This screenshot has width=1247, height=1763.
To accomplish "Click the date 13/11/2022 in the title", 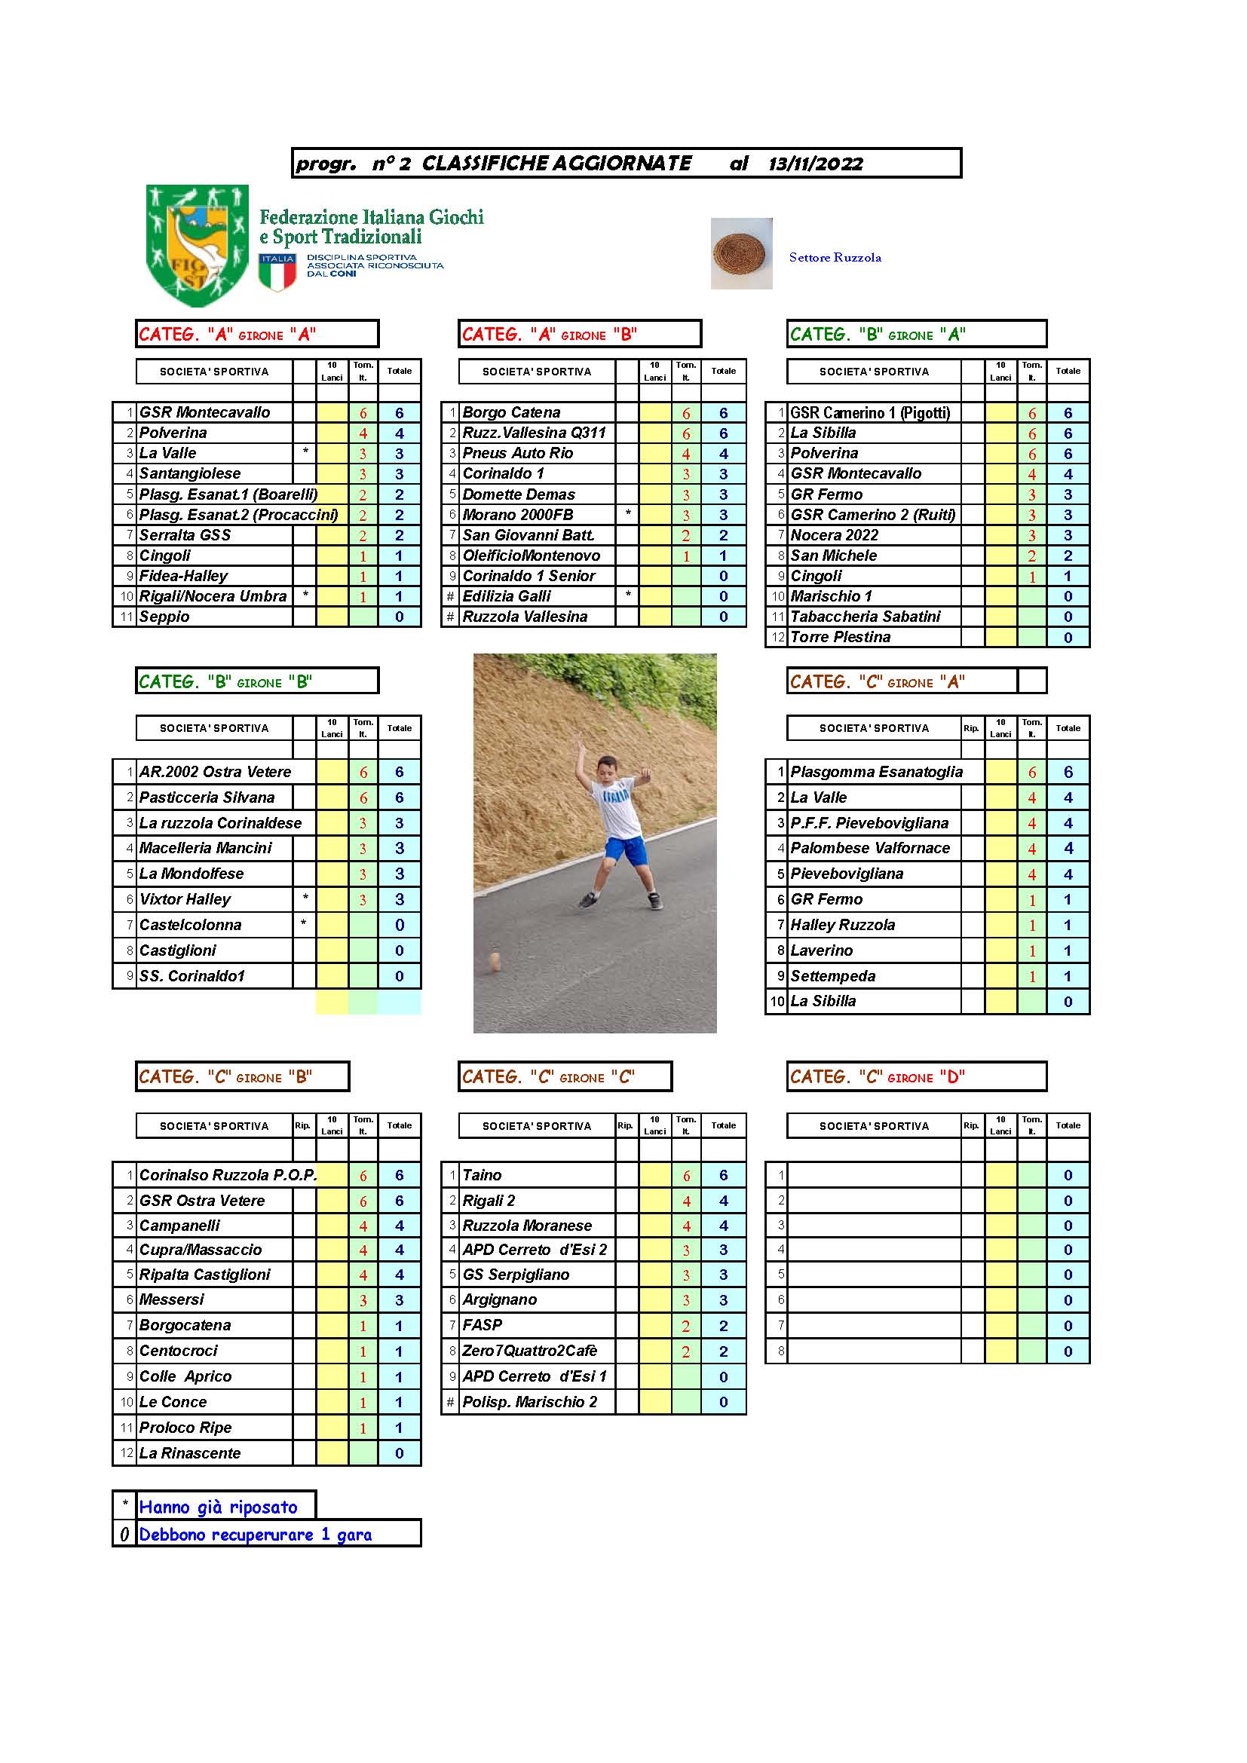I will pos(815,164).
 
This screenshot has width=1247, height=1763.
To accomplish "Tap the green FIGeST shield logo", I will pos(198,244).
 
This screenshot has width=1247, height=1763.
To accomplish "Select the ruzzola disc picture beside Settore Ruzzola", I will pos(741,253).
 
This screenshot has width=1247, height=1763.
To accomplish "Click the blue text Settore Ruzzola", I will pos(835,258).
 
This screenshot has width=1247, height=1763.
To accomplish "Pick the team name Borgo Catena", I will pos(511,413).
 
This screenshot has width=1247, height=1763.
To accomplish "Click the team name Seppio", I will pos(164,617).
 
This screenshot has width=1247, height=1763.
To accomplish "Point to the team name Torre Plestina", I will pos(840,638).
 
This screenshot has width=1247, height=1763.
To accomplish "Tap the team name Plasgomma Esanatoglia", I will pos(876,772).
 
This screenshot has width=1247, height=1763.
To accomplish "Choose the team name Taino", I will pos(482,1175).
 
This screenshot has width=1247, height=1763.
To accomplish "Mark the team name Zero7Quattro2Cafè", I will pos(529,1351).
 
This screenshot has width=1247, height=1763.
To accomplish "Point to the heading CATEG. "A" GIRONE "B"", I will pos(549,335).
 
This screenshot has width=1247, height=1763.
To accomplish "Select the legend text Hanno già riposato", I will pos(218,1507).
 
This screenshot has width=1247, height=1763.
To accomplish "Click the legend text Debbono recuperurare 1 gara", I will pos(255,1535).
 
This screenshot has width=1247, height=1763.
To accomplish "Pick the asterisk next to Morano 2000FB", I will pos(628,514).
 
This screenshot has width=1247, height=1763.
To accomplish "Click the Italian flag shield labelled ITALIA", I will pos(277,274).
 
